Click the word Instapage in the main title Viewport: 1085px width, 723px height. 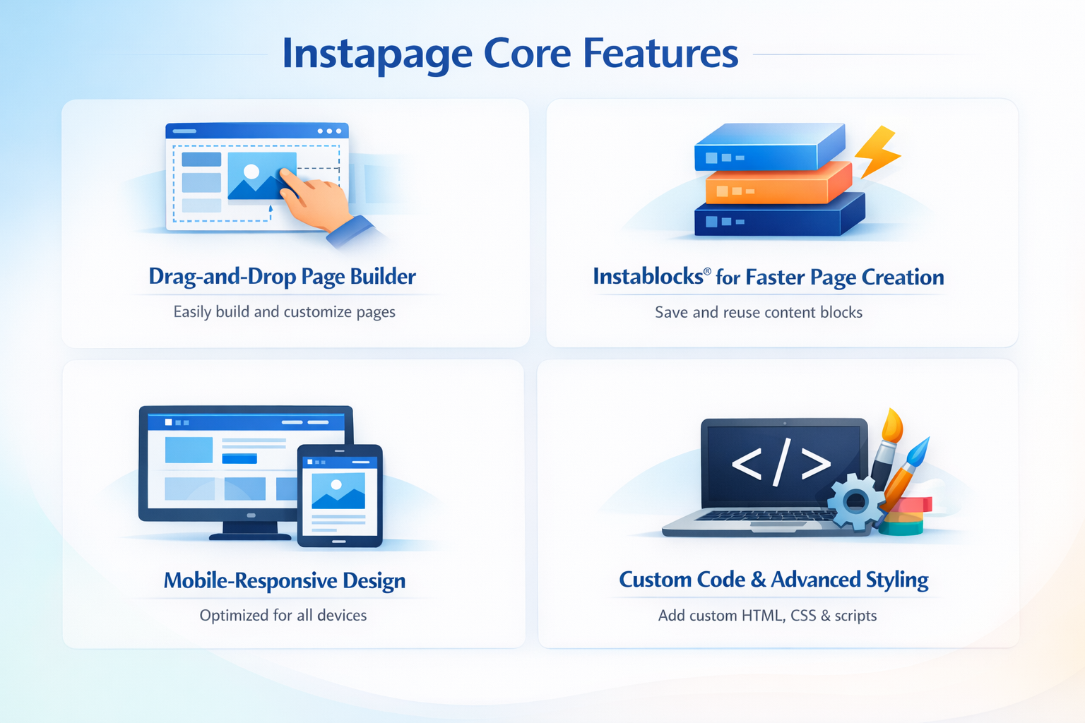(x=377, y=54)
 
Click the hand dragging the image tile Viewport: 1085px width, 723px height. (x=318, y=201)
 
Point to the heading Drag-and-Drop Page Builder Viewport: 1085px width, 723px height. (x=282, y=276)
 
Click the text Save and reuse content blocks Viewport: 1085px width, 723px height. (x=758, y=312)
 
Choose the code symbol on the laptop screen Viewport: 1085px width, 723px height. (x=781, y=464)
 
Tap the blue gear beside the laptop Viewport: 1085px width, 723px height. (x=855, y=502)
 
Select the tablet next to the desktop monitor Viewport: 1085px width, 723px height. (x=339, y=496)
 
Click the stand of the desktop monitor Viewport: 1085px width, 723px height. (x=250, y=530)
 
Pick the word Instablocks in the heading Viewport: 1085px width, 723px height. (x=648, y=276)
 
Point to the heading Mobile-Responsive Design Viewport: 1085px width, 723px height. (x=285, y=580)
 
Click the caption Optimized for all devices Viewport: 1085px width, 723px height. (x=283, y=615)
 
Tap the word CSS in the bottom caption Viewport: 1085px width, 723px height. (x=803, y=615)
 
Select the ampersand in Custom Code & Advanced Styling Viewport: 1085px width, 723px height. (x=758, y=580)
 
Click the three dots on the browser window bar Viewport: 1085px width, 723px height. (x=329, y=131)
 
